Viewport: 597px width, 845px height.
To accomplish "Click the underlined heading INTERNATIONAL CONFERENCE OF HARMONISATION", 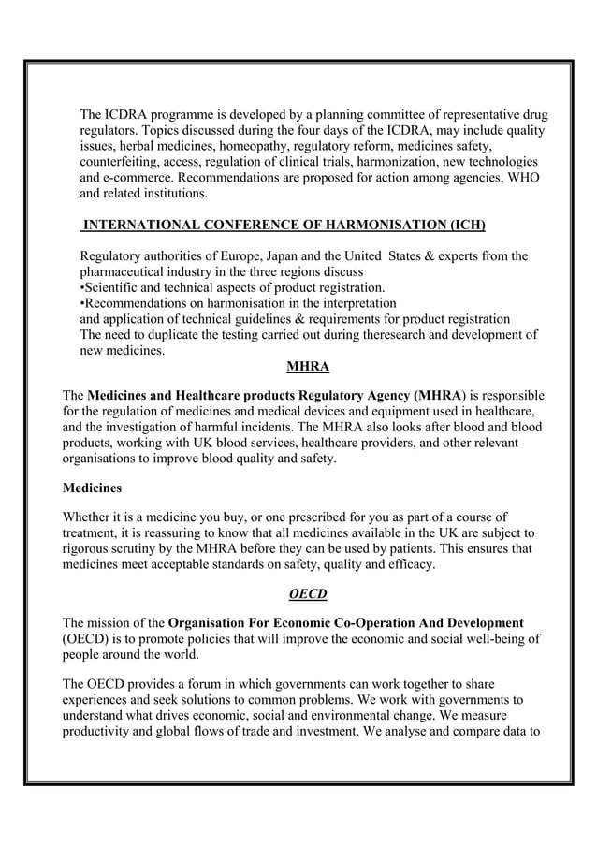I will coord(284,226).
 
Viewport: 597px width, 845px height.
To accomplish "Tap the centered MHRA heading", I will coord(294,365).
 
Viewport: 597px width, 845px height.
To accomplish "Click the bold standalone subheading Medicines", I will coord(92,488).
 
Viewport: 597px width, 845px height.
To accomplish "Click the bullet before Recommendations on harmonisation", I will coord(83,302).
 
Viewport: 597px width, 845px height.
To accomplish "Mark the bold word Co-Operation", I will coord(375,622).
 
